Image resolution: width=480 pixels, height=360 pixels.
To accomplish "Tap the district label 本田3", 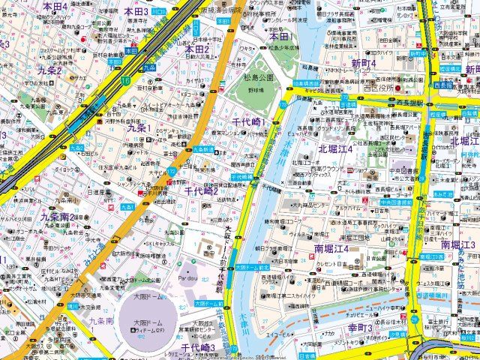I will (136, 11).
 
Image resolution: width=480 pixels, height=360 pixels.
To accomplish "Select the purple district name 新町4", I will (364, 64).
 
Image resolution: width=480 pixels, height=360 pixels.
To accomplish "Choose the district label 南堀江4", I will (331, 248).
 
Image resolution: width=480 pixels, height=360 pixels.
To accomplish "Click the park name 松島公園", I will (259, 76).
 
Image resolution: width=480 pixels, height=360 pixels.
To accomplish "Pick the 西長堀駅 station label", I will (409, 103).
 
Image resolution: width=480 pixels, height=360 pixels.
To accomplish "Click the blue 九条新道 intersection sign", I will (204, 149).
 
